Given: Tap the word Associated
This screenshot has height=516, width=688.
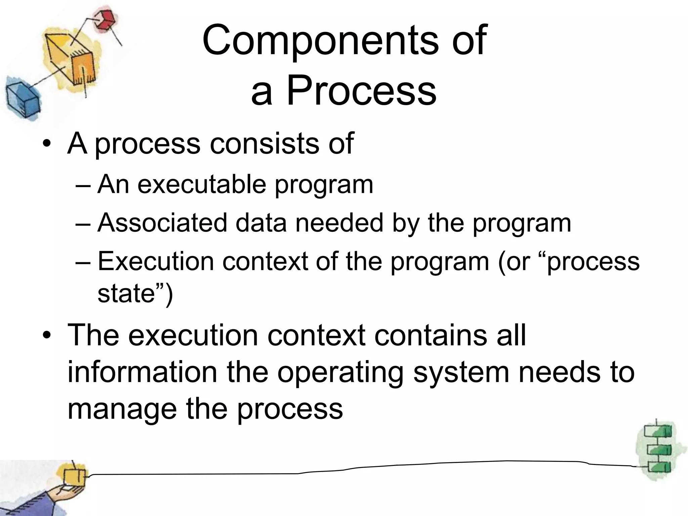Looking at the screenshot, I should coord(162,223).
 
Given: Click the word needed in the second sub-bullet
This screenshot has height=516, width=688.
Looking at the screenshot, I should coord(339,223).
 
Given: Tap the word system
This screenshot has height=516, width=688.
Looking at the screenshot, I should coord(461,373).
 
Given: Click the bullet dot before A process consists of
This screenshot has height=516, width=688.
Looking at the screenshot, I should coord(47,144).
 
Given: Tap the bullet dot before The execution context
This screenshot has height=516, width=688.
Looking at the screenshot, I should coord(47,336).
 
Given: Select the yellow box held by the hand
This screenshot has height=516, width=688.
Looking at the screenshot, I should coord(75,477).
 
